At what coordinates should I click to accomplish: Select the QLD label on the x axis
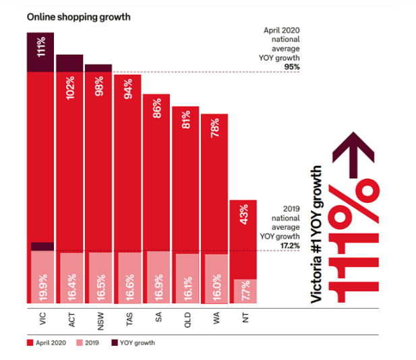coord(187,317)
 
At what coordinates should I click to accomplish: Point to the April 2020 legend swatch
coord(30,343)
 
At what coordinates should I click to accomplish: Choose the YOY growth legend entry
coord(135,343)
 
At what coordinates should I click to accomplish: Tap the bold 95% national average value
coord(291,67)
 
